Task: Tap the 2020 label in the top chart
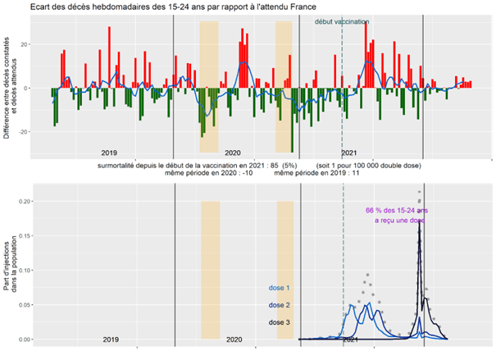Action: coord(232,152)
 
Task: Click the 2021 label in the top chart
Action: coord(348,152)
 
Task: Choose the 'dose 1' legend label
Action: coord(280,289)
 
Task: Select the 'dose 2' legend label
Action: coord(280,305)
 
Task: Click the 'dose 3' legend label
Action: coord(280,322)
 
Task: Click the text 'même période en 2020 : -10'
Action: coord(207,173)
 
